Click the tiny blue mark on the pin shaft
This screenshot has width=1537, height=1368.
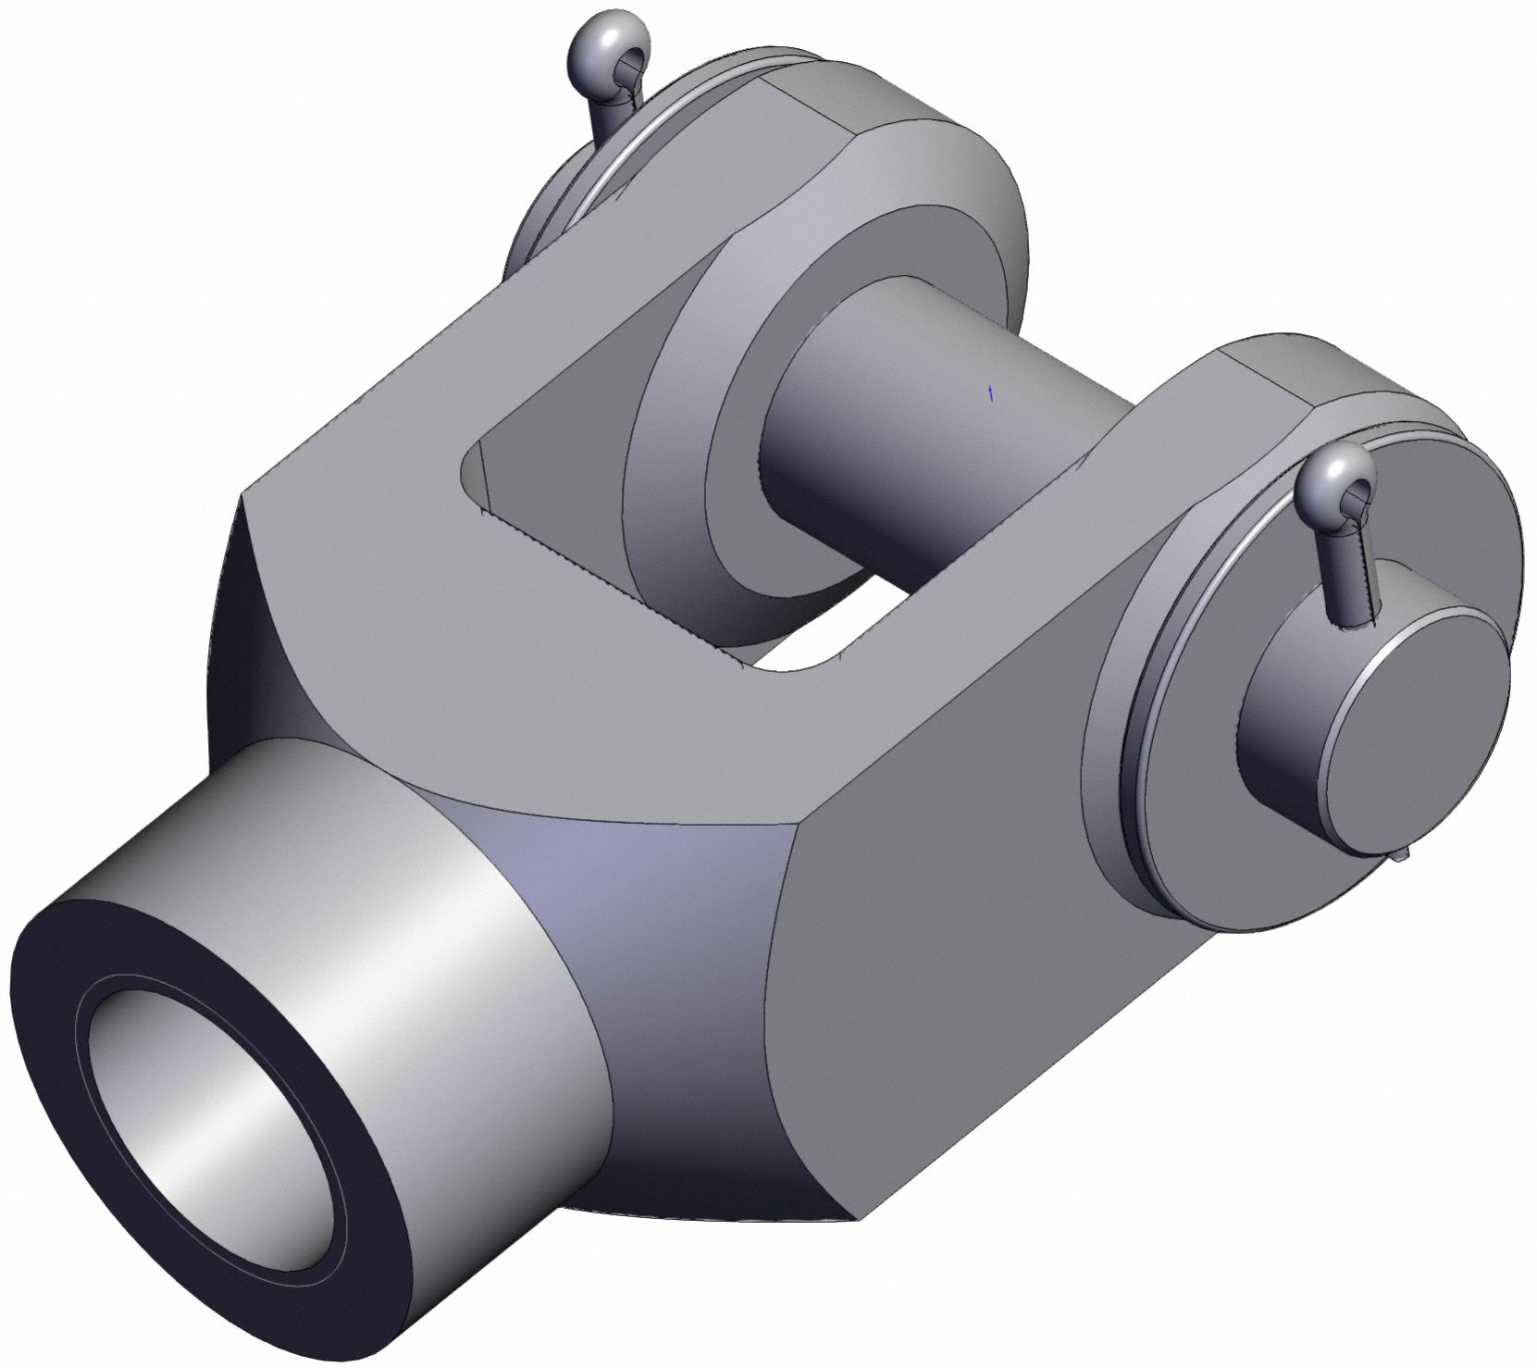click(x=991, y=394)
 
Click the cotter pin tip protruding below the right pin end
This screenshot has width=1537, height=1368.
click(x=1403, y=856)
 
